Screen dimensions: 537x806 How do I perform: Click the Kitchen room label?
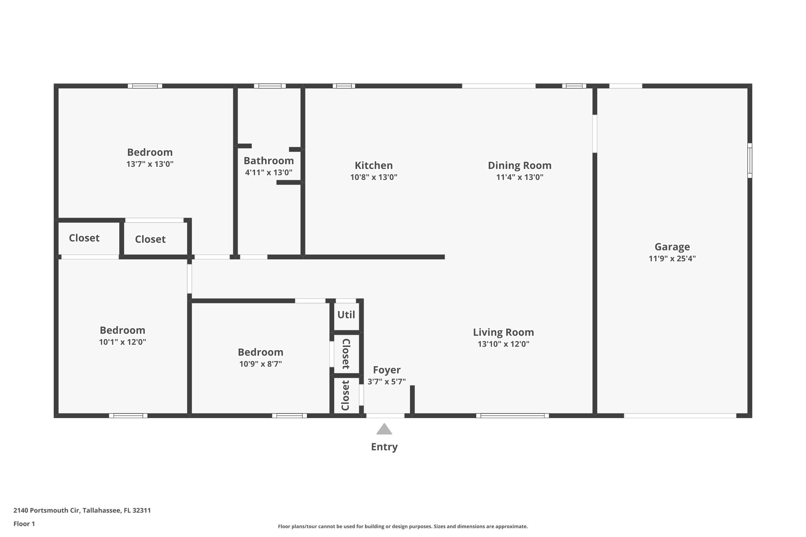pyautogui.click(x=373, y=165)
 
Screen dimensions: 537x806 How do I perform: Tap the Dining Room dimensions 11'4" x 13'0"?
pyautogui.click(x=519, y=177)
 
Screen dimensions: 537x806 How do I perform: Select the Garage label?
pyautogui.click(x=672, y=247)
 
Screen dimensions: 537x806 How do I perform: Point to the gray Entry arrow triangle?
pyautogui.click(x=384, y=430)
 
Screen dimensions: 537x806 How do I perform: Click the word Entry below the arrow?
pyautogui.click(x=384, y=447)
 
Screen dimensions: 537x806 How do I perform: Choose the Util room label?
pyautogui.click(x=346, y=315)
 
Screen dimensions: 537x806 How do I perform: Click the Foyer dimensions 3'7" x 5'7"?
pyautogui.click(x=386, y=382)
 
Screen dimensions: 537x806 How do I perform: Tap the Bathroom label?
pyautogui.click(x=268, y=161)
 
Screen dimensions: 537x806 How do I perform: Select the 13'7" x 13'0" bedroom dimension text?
pyautogui.click(x=150, y=164)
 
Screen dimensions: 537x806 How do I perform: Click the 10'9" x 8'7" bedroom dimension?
pyautogui.click(x=260, y=364)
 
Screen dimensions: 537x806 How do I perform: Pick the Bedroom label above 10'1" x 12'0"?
pyautogui.click(x=122, y=330)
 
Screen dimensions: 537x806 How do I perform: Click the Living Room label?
pyautogui.click(x=503, y=332)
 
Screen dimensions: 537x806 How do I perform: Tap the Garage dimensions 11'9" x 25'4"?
pyautogui.click(x=672, y=258)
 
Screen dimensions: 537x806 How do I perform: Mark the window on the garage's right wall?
pyautogui.click(x=749, y=161)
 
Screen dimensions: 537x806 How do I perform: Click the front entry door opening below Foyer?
pyautogui.click(x=385, y=415)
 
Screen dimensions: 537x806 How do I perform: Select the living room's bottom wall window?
pyautogui.click(x=512, y=415)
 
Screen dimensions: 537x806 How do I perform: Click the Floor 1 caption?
pyautogui.click(x=24, y=524)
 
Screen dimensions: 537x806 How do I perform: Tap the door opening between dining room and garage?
pyautogui.click(x=595, y=133)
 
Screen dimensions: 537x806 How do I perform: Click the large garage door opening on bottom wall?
pyautogui.click(x=680, y=415)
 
